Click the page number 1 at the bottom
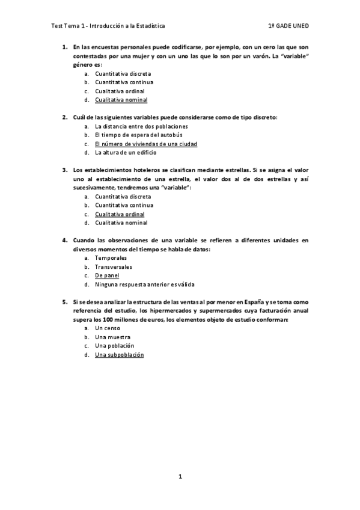point(180,477)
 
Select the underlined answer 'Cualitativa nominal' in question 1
point(121,100)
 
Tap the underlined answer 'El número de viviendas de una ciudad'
point(146,144)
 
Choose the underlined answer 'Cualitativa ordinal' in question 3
point(120,214)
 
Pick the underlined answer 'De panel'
point(107,275)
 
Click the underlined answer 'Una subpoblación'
point(120,355)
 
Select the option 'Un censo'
point(108,328)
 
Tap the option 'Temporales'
point(111,258)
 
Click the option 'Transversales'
point(114,267)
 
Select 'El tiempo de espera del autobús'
point(135,135)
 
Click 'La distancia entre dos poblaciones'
point(141,126)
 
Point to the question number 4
point(64,240)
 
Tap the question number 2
point(64,117)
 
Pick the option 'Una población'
point(114,346)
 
